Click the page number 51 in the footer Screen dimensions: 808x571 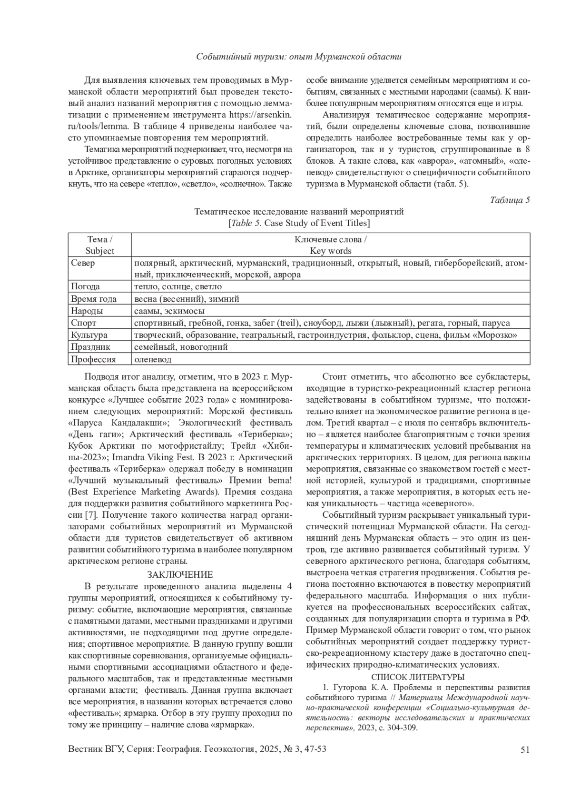pos(525,749)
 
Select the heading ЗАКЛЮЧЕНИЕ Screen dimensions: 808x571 pos(180,574)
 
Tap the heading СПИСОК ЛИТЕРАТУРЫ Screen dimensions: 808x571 pos(418,677)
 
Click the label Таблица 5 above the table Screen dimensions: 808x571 pos(510,200)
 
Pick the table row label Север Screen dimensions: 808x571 pos(83,263)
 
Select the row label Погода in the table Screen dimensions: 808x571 pos(85,287)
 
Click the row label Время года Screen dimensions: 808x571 pos(94,299)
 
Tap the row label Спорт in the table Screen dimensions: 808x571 pos(83,323)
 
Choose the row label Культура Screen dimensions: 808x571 pos(89,335)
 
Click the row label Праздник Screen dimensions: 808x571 pos(90,347)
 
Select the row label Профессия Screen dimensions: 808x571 pos(93,359)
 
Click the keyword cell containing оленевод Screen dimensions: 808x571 pos(153,359)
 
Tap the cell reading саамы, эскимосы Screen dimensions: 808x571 pos(163,311)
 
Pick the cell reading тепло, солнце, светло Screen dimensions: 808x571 pos(178,287)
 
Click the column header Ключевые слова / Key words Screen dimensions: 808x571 pos(330,245)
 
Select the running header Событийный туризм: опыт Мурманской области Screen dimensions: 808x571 pos(299,57)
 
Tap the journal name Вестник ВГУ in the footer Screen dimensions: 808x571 pos(95,749)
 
